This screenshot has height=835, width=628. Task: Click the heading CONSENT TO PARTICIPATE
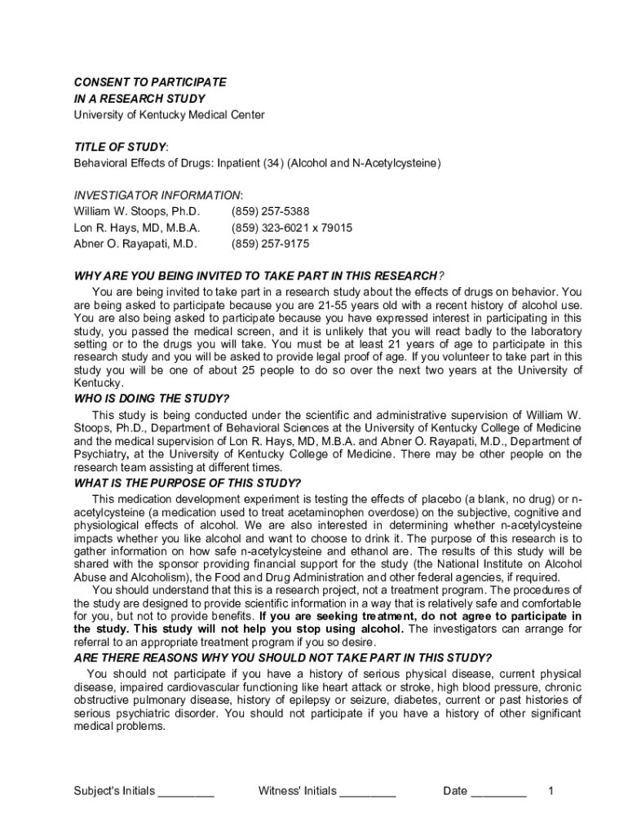[150, 83]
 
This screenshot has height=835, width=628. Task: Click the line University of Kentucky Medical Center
[169, 115]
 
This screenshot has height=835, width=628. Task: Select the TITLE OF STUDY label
[120, 147]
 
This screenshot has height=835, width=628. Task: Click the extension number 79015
[335, 228]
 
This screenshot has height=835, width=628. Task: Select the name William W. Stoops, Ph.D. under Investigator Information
[137, 211]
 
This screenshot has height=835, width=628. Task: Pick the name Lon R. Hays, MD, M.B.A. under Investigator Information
[137, 228]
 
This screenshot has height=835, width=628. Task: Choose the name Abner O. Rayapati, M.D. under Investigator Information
[135, 244]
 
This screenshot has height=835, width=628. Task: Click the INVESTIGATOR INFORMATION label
[157, 196]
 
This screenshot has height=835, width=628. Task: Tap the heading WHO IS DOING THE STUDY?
[152, 399]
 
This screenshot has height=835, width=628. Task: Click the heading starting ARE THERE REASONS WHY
[283, 658]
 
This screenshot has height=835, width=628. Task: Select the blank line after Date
[499, 792]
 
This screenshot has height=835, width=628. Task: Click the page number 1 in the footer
[551, 791]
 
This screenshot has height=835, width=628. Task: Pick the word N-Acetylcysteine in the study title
[396, 163]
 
